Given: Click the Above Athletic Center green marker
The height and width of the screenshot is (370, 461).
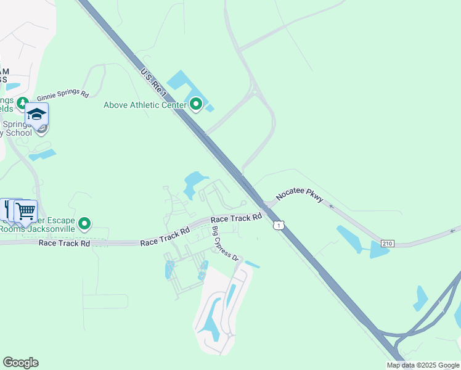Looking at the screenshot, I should pyautogui.click(x=196, y=104).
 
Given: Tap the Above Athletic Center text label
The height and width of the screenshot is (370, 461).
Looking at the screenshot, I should pyautogui.click(x=145, y=105).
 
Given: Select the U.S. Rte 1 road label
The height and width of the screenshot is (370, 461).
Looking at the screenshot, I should pyautogui.click(x=153, y=83).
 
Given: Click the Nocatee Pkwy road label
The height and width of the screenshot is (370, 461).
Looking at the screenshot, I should pyautogui.click(x=300, y=194).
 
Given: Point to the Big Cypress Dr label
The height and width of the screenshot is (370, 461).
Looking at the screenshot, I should pyautogui.click(x=225, y=244).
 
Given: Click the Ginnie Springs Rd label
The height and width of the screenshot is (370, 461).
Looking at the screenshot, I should pyautogui.click(x=63, y=96).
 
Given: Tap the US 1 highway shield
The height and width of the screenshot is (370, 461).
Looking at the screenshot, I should pyautogui.click(x=280, y=226).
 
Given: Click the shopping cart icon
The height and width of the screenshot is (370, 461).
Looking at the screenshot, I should pyautogui.click(x=25, y=212).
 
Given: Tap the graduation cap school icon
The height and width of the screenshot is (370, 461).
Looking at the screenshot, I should pyautogui.click(x=36, y=115).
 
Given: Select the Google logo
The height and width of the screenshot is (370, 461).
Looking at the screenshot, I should pyautogui.click(x=20, y=363).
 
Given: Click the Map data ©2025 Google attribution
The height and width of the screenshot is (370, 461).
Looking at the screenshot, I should pyautogui.click(x=423, y=365).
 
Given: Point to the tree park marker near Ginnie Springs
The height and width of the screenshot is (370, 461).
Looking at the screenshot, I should pyautogui.click(x=23, y=102).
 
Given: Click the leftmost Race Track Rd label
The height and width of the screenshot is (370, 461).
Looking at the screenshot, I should pyautogui.click(x=64, y=243).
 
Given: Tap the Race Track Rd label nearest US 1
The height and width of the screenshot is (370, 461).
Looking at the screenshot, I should pyautogui.click(x=237, y=218).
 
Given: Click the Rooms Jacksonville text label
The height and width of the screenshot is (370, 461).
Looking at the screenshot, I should pyautogui.click(x=37, y=229).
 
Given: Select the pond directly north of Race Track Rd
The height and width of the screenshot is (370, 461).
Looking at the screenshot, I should pyautogui.click(x=194, y=183).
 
